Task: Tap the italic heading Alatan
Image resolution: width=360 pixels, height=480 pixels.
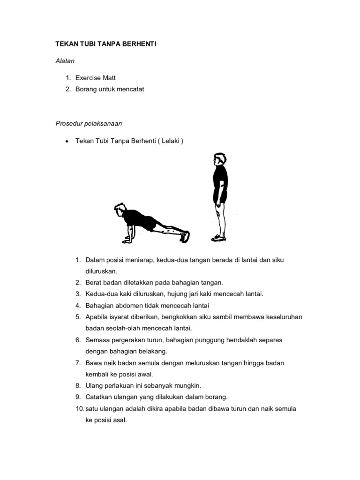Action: point(66,60)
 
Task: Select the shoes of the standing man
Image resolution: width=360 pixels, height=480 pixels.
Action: point(218,238)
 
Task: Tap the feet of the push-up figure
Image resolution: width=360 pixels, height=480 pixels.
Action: point(185,236)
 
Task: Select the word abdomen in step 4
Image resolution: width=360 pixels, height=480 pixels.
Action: point(130,306)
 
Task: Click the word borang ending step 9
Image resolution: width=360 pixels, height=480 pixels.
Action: point(216,397)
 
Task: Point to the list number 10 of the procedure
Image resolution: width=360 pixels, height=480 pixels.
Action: point(79,408)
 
